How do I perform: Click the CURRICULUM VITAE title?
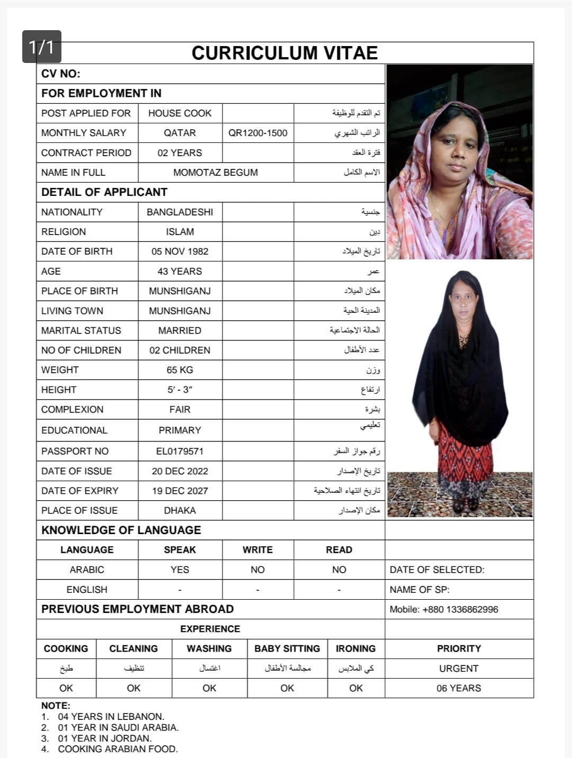point(284,53)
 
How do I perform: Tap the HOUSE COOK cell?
point(180,113)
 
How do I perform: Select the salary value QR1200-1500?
point(257,133)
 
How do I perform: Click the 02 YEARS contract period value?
point(180,153)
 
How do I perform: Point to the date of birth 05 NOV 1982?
point(180,251)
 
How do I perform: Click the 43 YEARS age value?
point(180,272)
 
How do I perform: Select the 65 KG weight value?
point(180,370)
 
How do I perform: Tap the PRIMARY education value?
point(180,430)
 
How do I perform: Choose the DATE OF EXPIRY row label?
point(80,491)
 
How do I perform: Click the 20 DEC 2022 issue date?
point(180,471)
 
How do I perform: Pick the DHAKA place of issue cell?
point(180,510)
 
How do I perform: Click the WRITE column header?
point(257,550)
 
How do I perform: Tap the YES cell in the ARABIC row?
point(180,570)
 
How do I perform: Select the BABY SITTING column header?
point(287,648)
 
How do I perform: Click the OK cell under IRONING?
point(356,688)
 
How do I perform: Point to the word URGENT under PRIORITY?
point(459,669)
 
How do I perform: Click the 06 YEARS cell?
point(459,688)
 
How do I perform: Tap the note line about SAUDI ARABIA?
point(118,727)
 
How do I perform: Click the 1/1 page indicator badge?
point(42,47)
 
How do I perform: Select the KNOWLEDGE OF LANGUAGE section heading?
point(121,530)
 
